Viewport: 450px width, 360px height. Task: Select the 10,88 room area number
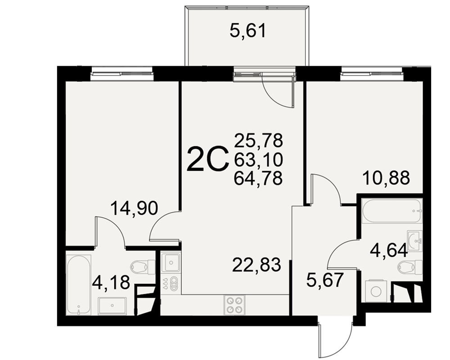(x=386, y=178)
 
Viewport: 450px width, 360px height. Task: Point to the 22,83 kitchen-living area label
(x=256, y=265)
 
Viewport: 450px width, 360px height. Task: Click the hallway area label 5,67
(x=324, y=280)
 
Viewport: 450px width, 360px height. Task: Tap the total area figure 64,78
(x=258, y=178)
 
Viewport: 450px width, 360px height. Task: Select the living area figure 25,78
(x=258, y=141)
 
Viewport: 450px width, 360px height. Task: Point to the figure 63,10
(x=258, y=160)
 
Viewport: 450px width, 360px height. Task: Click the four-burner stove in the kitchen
(x=234, y=305)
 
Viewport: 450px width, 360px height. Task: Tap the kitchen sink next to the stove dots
(x=171, y=262)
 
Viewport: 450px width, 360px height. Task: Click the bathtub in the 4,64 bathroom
(x=392, y=211)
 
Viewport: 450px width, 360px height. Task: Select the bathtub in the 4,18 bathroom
(x=79, y=284)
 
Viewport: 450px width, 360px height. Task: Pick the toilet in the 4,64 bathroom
(x=410, y=267)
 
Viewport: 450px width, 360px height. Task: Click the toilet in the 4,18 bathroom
(x=143, y=266)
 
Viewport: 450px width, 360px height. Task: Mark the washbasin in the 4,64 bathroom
(x=415, y=241)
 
